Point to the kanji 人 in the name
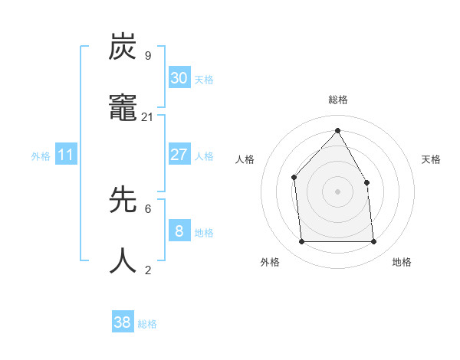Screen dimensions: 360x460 [123, 260]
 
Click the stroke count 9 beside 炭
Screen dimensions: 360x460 [147, 55]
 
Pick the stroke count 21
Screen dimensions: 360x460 [147, 116]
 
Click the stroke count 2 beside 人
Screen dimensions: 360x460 [147, 270]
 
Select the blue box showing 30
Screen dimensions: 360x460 [179, 78]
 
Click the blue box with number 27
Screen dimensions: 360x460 [179, 155]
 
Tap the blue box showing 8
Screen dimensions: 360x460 [179, 231]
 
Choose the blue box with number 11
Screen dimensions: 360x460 [65, 155]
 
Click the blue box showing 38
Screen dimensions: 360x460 [123, 322]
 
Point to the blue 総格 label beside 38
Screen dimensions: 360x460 [148, 324]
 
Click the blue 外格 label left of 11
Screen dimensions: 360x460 [41, 156]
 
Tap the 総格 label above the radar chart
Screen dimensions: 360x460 [338, 100]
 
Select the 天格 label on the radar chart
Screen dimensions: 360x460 [431, 159]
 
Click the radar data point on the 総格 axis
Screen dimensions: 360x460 [337, 130]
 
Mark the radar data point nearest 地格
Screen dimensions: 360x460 [374, 242]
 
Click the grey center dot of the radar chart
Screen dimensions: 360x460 [337, 191]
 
